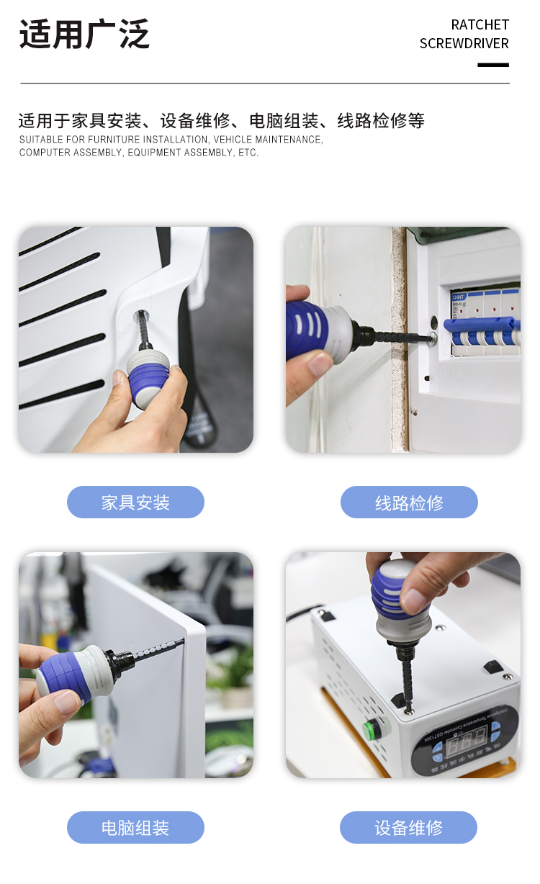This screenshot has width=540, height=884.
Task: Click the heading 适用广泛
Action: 85,34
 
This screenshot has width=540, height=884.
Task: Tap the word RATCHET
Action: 480,25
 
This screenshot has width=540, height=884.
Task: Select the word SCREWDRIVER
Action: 464,43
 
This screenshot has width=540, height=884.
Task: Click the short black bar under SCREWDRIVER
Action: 493,65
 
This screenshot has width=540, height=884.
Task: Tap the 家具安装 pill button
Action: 135,502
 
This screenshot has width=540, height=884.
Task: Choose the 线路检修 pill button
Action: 409,502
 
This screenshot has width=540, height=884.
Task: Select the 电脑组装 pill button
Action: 135,827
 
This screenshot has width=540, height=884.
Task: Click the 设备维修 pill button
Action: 408,827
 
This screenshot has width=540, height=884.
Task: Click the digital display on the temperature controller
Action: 467,739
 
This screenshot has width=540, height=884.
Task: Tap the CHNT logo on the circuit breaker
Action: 459,297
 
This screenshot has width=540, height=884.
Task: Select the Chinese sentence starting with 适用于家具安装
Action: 222,120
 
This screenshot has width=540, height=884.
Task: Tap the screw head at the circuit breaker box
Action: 432,338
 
